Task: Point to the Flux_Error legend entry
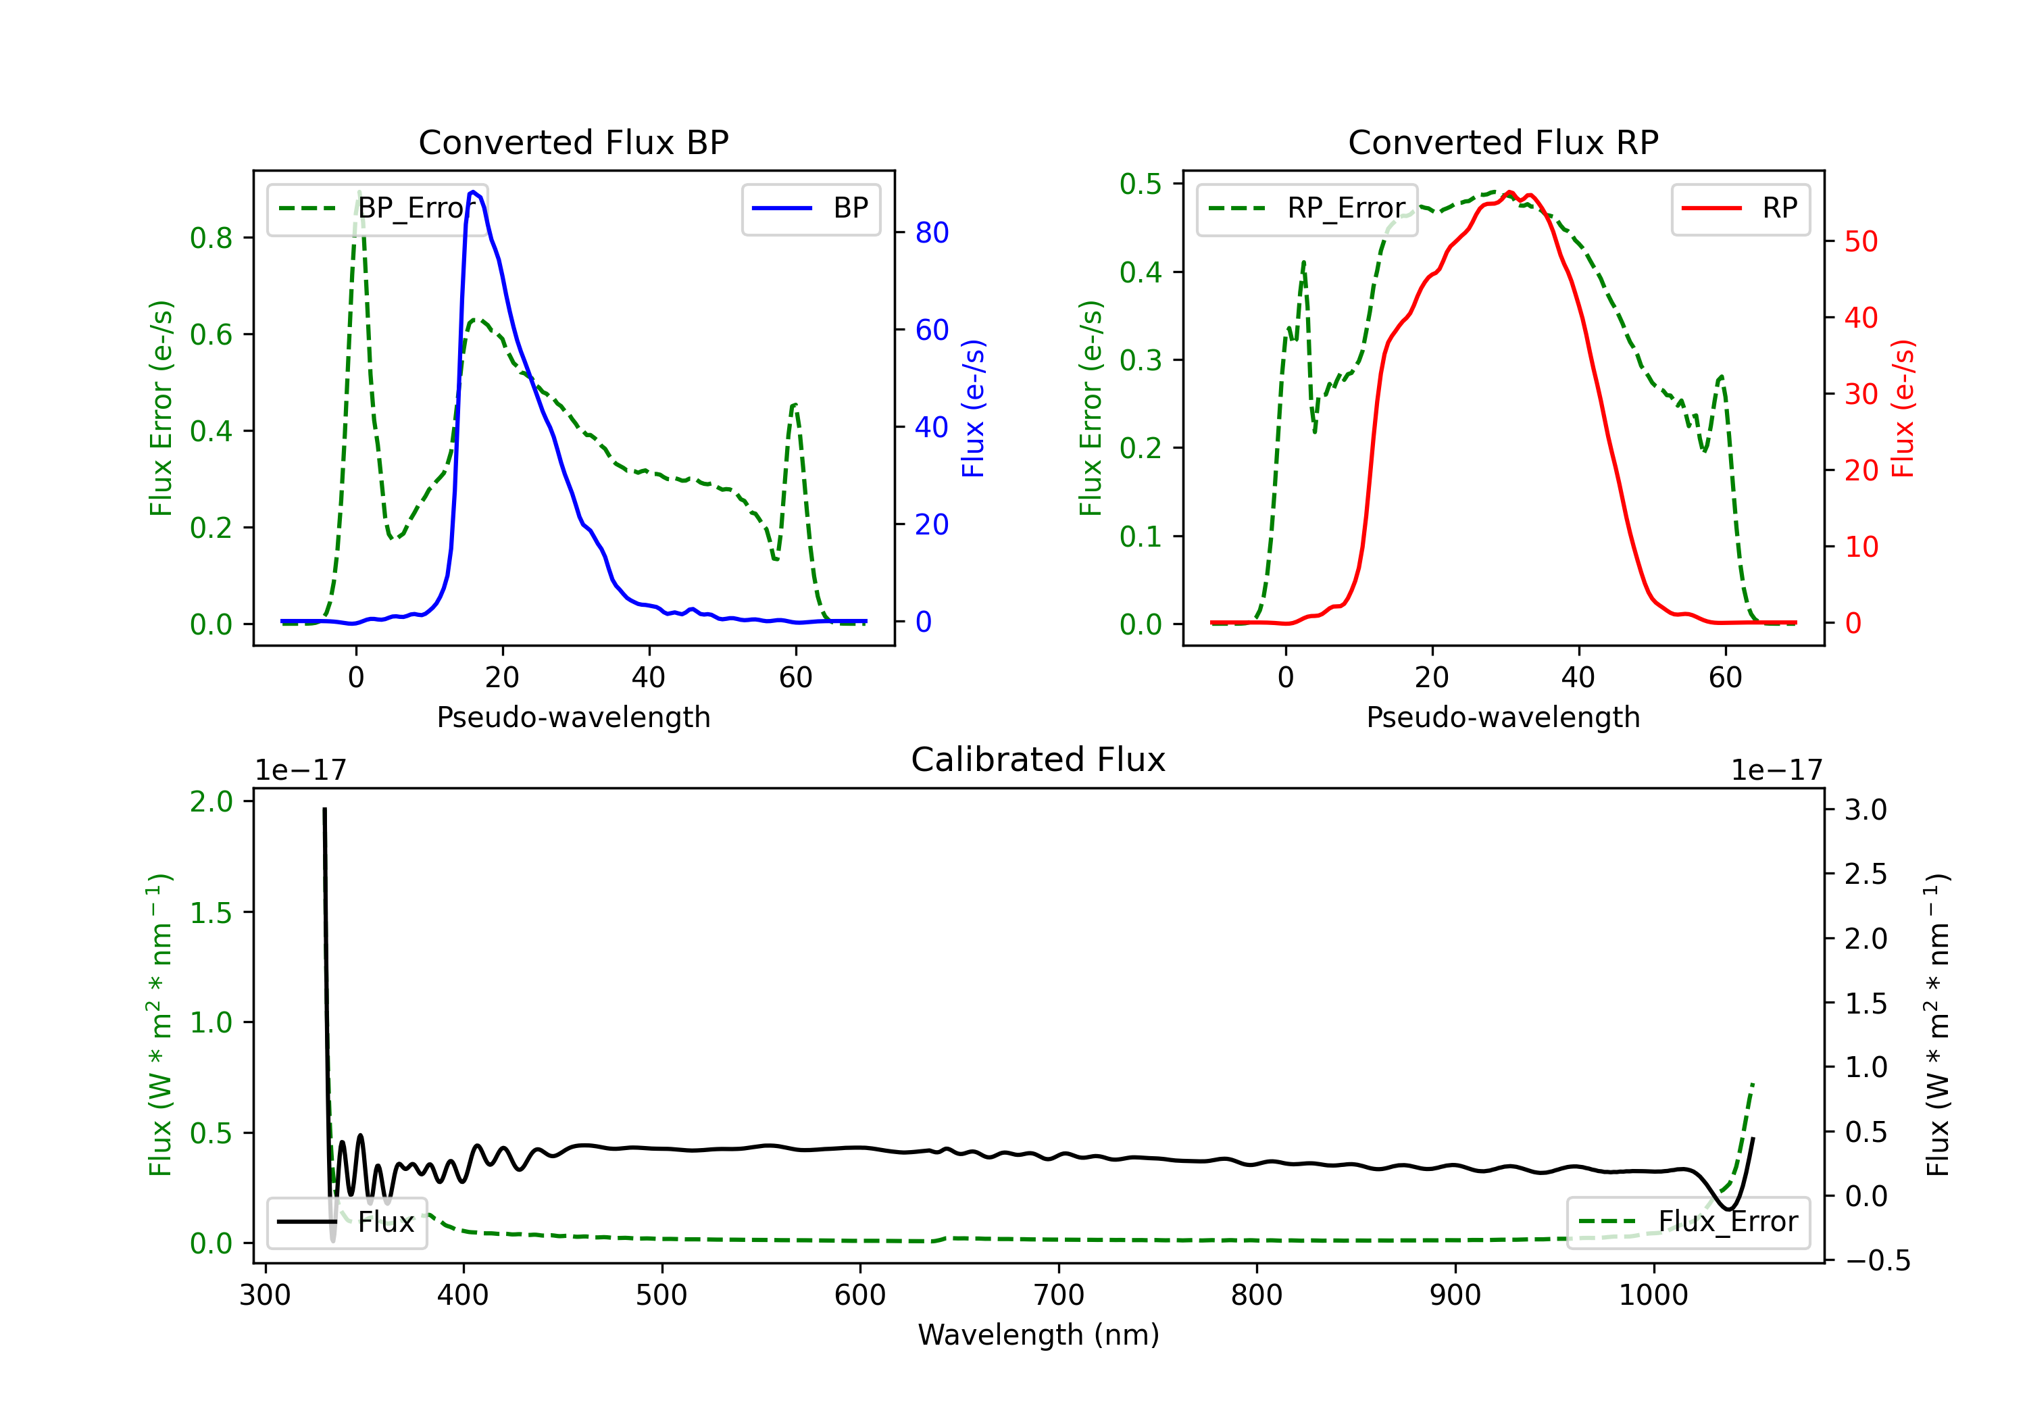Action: (1688, 1222)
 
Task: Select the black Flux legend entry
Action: (347, 1222)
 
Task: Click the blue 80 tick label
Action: (931, 233)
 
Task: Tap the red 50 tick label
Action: (1861, 242)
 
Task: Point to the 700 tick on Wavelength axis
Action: (1059, 1295)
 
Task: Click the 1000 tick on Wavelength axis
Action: (1653, 1295)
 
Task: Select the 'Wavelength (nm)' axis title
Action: (1038, 1335)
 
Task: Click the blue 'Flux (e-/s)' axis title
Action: (973, 409)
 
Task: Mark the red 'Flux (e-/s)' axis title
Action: (1903, 409)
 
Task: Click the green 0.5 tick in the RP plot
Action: (1140, 184)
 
